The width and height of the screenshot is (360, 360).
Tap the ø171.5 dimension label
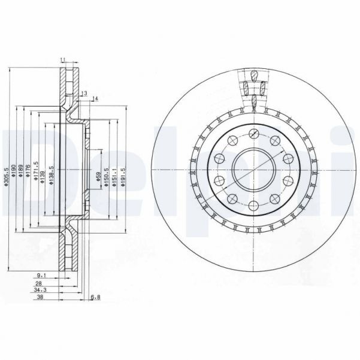(36, 171)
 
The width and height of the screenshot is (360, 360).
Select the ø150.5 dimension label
(107, 178)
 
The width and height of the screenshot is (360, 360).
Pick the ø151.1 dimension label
(115, 178)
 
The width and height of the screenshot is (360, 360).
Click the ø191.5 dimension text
(123, 178)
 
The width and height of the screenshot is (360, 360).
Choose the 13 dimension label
(84, 93)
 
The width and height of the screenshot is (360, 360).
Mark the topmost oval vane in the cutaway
(255, 75)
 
